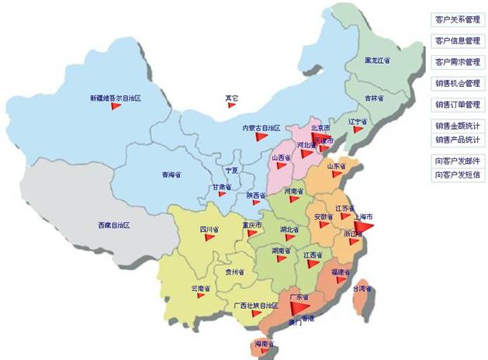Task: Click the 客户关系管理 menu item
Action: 457,19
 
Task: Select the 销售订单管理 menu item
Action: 457,104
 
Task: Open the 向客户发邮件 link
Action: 457,161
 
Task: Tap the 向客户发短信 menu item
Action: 457,175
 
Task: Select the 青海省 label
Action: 171,174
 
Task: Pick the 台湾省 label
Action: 362,289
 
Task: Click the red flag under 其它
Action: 231,106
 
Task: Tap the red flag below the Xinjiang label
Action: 116,108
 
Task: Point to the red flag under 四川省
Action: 210,238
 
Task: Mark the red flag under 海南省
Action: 267,351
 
